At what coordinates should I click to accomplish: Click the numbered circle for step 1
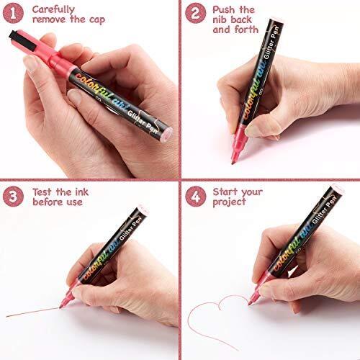click(13, 13)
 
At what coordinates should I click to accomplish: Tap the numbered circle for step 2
click(196, 13)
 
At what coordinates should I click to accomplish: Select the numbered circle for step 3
click(13, 197)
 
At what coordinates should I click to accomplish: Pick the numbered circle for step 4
click(196, 197)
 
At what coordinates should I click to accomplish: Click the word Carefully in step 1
click(53, 10)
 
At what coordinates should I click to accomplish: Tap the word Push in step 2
click(224, 10)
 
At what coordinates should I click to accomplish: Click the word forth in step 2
click(246, 30)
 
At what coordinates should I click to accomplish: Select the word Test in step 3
click(42, 192)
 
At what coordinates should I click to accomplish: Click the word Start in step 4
click(225, 192)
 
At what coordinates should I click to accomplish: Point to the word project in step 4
click(229, 202)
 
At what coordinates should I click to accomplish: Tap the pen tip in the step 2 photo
click(233, 163)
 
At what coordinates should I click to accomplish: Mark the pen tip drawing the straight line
click(60, 307)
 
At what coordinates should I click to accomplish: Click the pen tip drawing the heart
click(250, 304)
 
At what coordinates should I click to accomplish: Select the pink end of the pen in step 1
click(166, 135)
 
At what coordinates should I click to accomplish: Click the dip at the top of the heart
click(220, 308)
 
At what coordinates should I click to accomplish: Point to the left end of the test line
click(6, 317)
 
